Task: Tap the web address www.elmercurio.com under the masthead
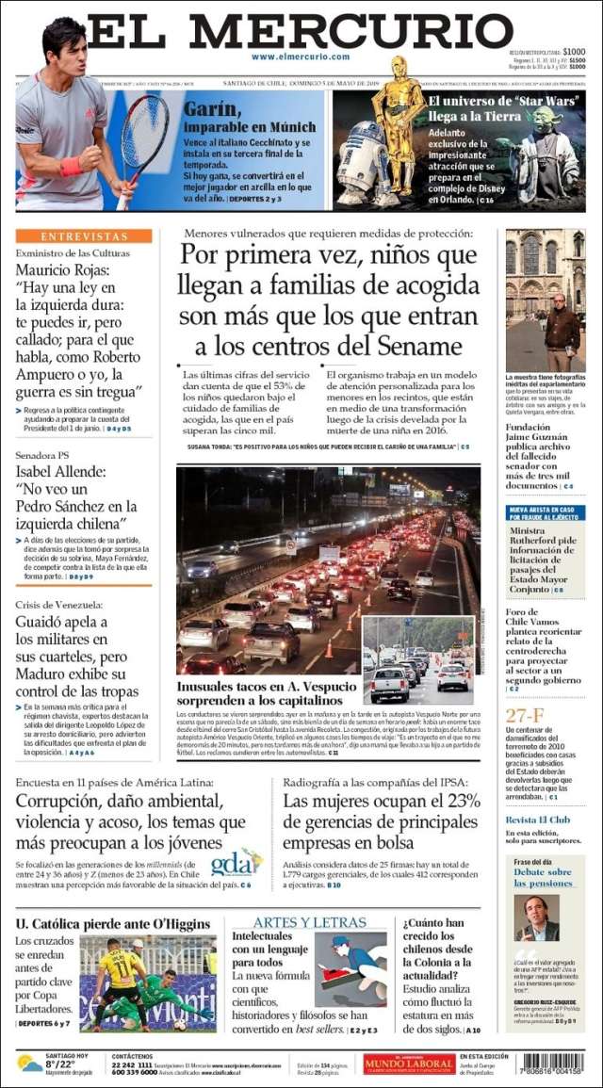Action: click(301, 57)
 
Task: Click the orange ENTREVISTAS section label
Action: click(84, 236)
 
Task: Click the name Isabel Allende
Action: click(61, 471)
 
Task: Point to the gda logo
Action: click(235, 862)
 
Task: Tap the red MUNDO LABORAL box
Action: click(409, 1064)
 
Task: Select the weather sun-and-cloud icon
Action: click(30, 1064)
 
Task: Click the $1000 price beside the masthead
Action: click(574, 51)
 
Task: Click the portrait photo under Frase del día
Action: click(536, 917)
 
